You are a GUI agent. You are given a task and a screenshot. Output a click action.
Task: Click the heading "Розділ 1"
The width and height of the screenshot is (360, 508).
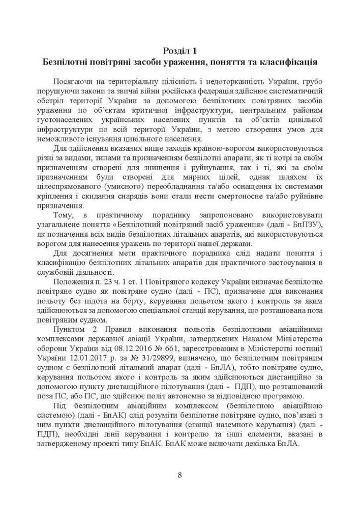point(179,51)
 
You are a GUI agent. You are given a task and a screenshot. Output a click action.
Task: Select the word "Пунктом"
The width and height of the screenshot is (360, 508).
point(69,330)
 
